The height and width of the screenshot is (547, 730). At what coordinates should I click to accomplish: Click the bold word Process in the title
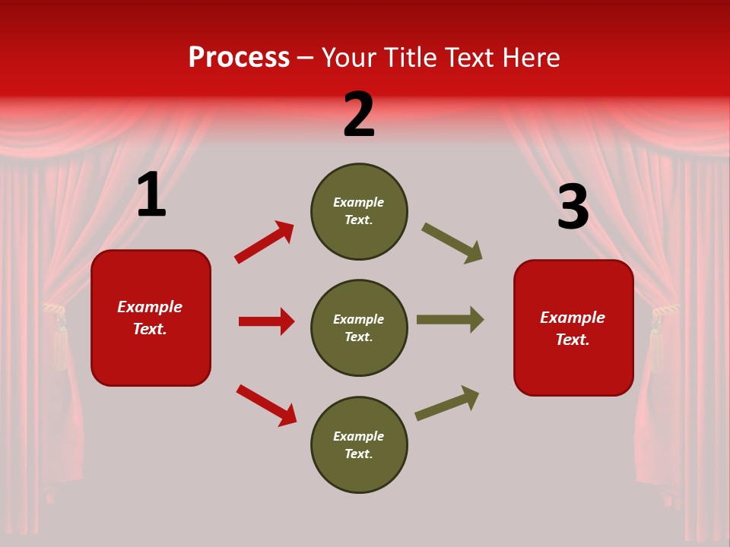coord(239,58)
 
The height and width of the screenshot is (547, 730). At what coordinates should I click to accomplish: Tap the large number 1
coord(151,195)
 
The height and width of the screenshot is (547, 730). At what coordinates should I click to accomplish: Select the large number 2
coord(359,115)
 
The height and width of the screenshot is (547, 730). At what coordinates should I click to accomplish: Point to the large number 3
coord(573,207)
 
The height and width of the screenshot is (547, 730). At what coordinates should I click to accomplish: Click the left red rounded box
coord(151,318)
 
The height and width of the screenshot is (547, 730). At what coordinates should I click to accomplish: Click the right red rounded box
coord(573,327)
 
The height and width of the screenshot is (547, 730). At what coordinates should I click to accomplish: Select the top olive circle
coord(359,211)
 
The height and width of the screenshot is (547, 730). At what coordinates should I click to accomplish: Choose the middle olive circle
coord(359,327)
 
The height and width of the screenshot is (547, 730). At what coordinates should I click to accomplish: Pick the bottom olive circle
coord(359,444)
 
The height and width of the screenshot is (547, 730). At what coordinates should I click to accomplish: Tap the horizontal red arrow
coord(266,321)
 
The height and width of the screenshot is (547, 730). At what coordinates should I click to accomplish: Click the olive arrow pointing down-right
coord(452,243)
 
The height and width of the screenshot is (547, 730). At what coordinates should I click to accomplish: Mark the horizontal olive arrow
coord(450,320)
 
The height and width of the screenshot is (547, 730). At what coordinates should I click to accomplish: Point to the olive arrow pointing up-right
coord(448,403)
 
